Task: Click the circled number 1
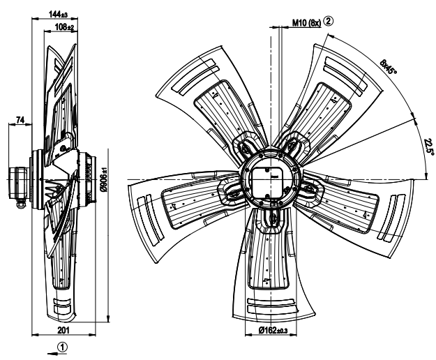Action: (62, 345)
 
